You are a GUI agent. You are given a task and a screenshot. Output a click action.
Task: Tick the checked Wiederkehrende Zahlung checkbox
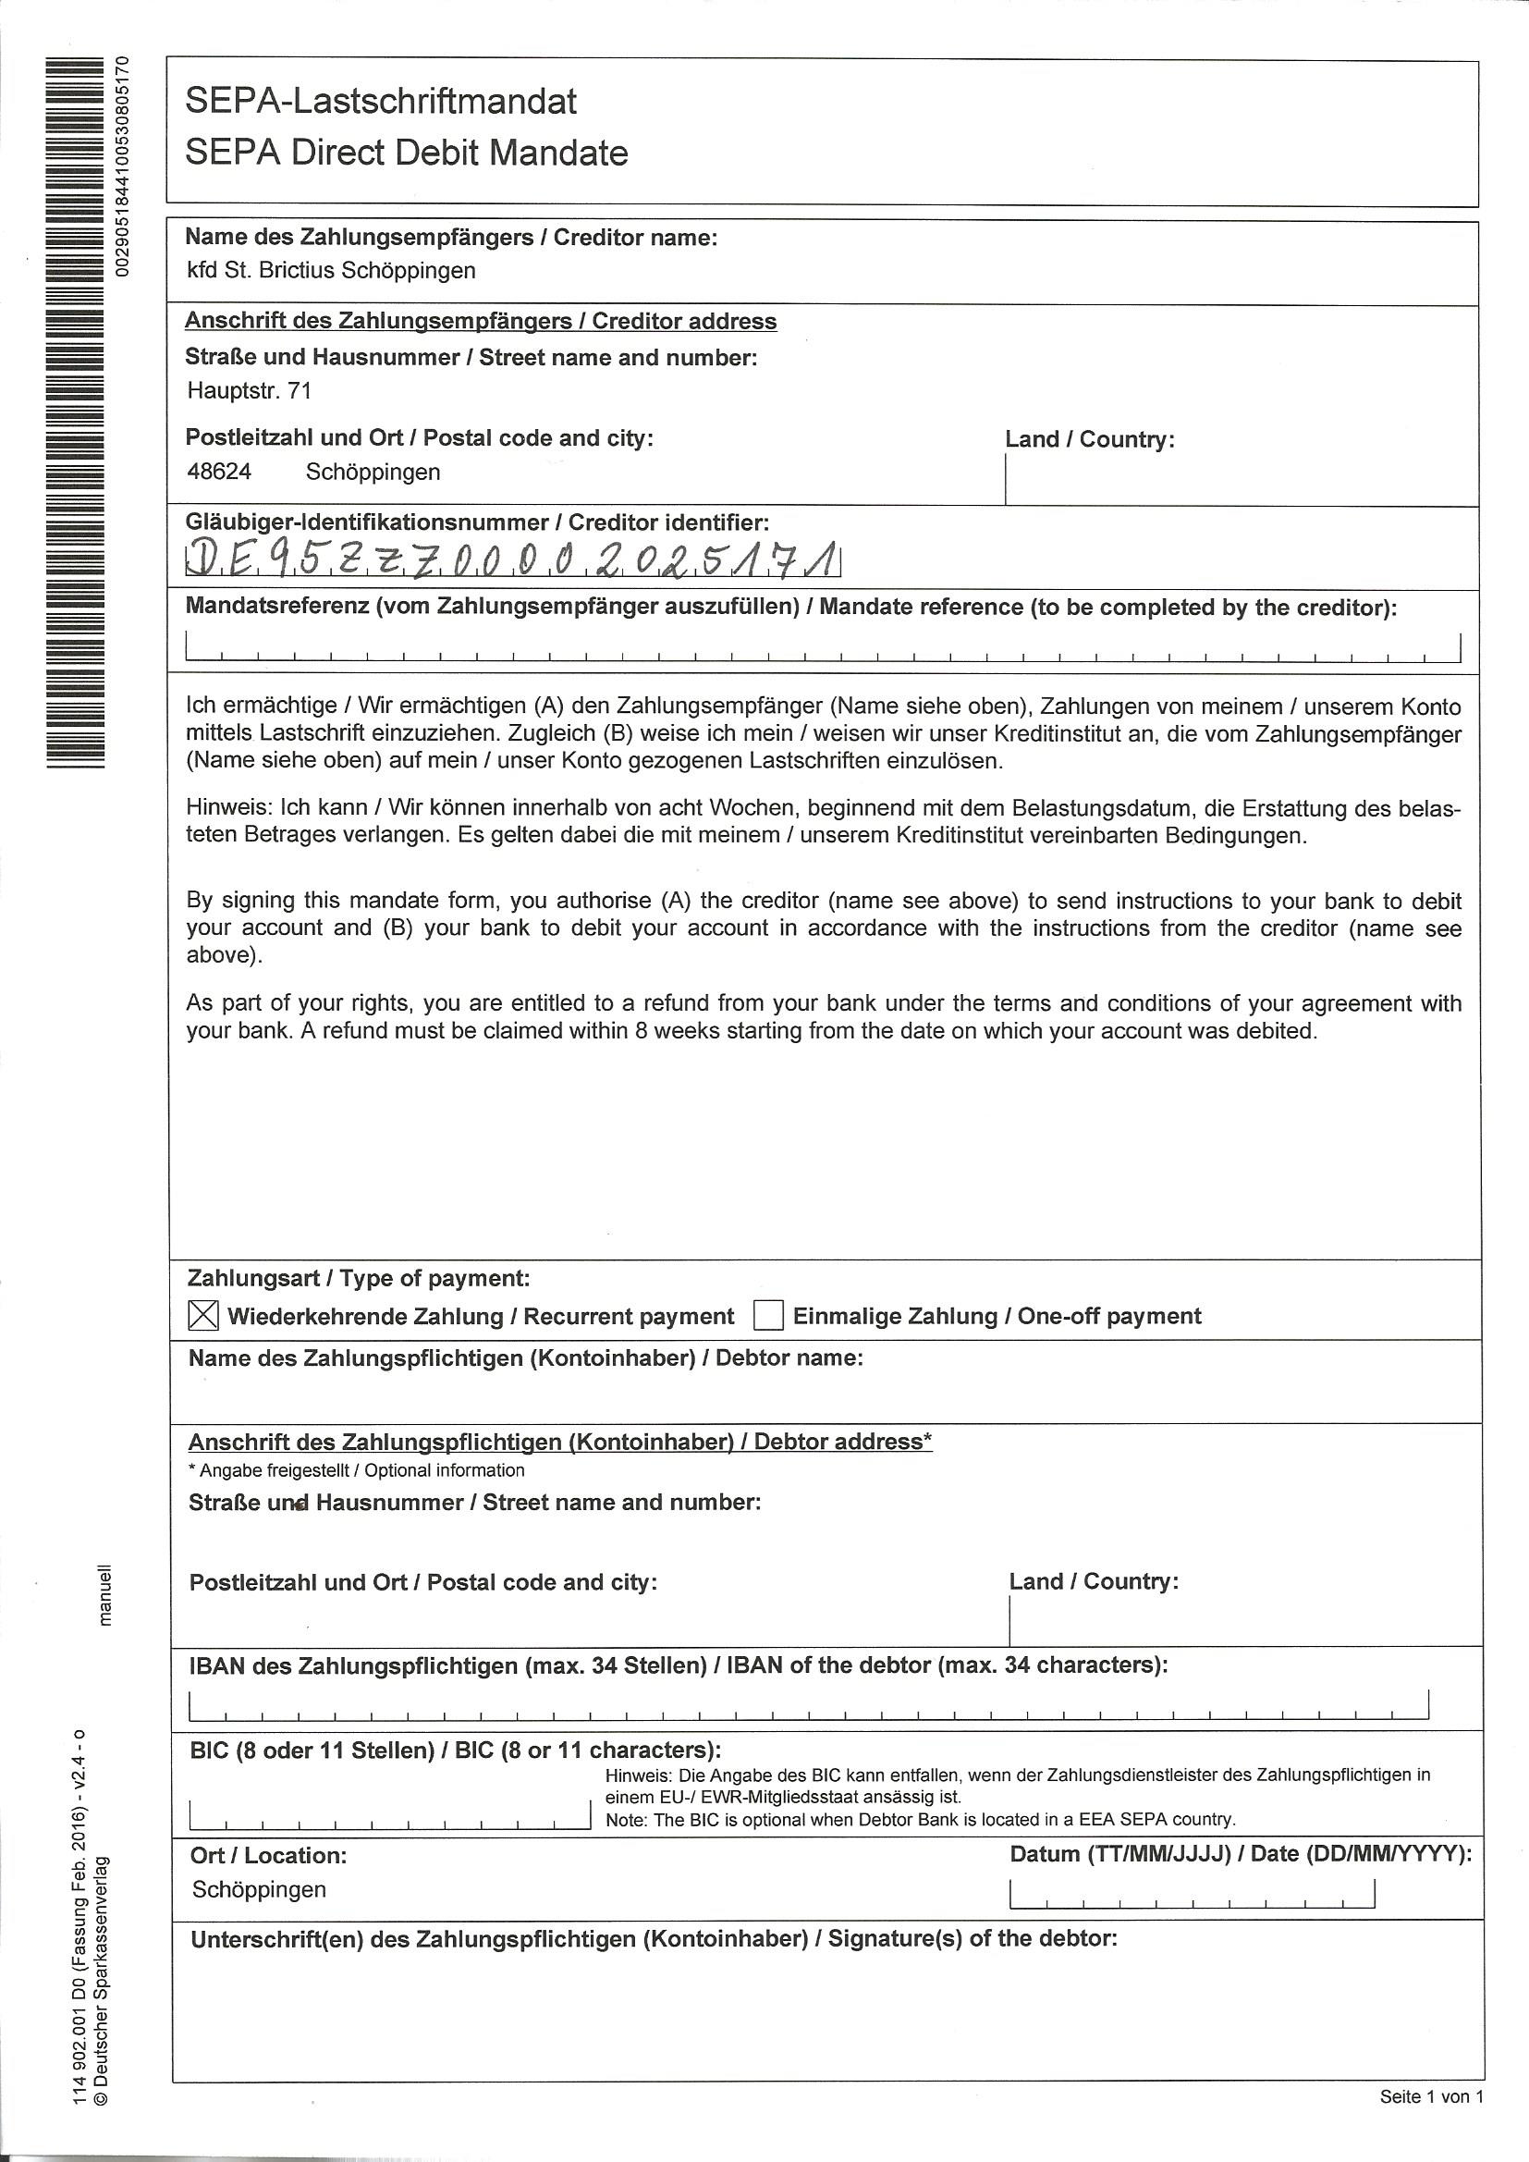[x=203, y=1315]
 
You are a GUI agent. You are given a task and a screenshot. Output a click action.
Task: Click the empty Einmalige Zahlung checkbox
[x=768, y=1315]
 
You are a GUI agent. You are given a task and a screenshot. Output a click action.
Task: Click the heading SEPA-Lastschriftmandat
[x=380, y=101]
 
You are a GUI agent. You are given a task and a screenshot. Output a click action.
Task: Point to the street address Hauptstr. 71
[x=249, y=391]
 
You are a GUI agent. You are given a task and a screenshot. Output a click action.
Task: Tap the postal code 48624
[x=219, y=472]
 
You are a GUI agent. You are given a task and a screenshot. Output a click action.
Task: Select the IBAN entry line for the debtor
[x=809, y=1704]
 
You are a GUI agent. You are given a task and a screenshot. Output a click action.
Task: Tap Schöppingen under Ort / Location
[x=259, y=1890]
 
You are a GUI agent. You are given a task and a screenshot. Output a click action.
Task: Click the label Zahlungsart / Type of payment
[x=359, y=1279]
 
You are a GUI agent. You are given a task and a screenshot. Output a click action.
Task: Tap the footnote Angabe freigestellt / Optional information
[x=357, y=1471]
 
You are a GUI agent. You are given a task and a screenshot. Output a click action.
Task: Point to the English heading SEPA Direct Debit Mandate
[x=406, y=153]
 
